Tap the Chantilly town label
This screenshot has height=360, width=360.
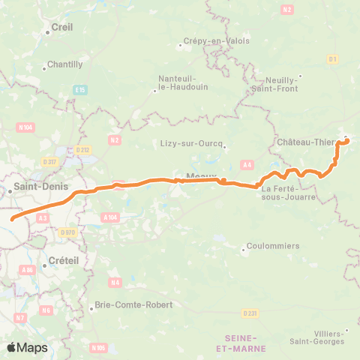coord(64,64)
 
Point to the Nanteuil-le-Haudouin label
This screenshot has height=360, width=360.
coord(177,82)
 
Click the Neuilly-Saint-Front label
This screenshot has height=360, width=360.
coord(281,84)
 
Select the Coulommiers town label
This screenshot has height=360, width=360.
coord(273,246)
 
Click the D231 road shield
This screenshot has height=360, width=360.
coord(250,313)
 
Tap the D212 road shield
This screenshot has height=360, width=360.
coord(82,150)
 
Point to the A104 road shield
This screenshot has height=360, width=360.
coord(109,217)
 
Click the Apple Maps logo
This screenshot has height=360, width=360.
coord(27,347)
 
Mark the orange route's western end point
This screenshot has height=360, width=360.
coord(13,220)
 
